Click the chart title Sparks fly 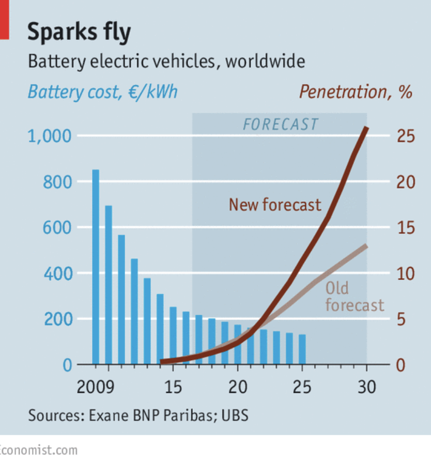point(79,32)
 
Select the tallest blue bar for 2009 point(96,267)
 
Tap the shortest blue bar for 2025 point(302,349)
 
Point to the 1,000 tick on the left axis point(48,136)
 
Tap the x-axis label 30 point(367,387)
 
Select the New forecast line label point(275,205)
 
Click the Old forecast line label point(355,297)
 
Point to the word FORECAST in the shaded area point(281,125)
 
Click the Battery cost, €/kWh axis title point(102,92)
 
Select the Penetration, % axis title point(356,92)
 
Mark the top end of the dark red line point(366,128)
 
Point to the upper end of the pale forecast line point(366,246)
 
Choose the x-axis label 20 point(238,387)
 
